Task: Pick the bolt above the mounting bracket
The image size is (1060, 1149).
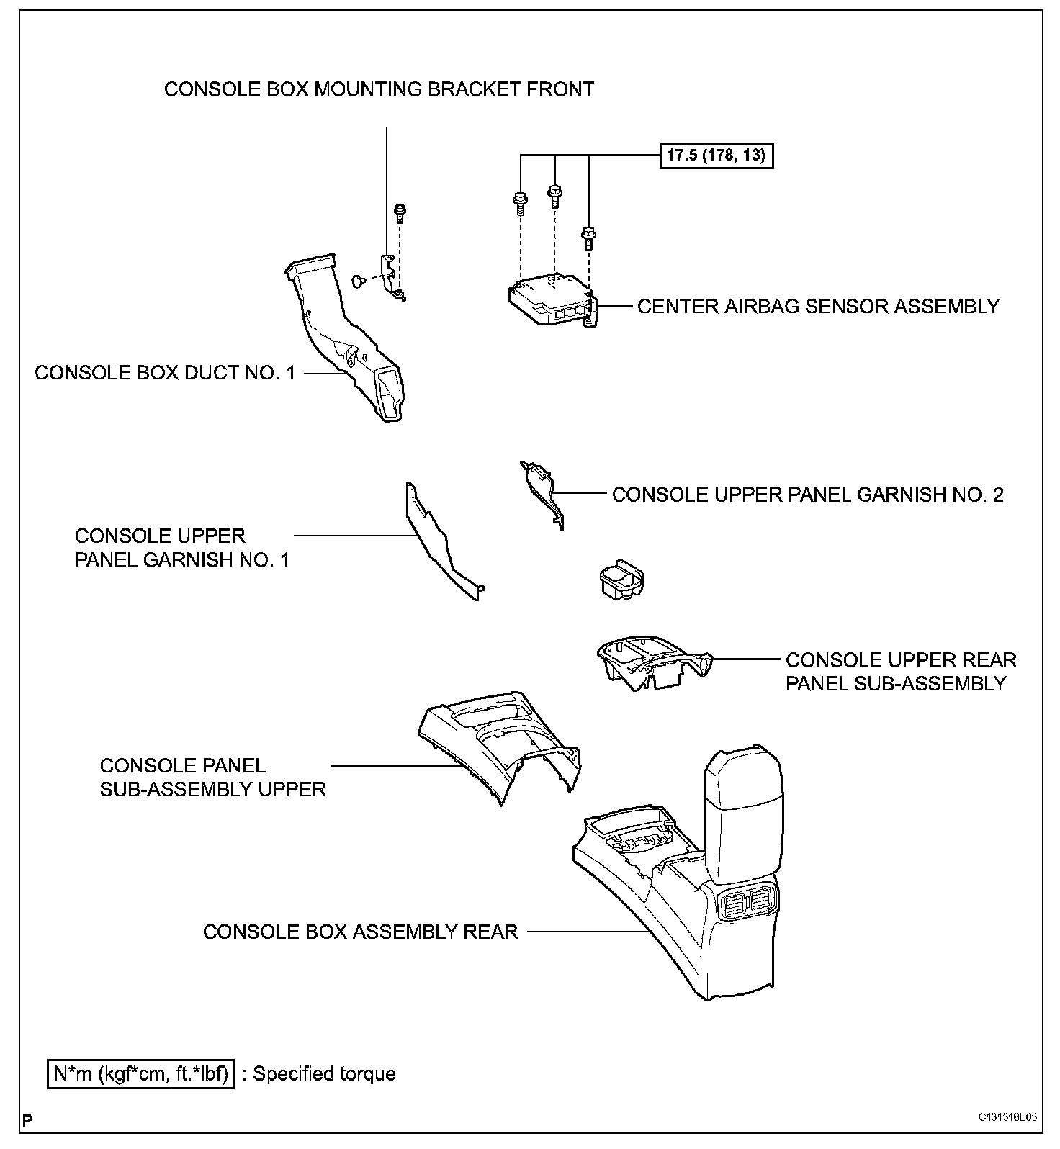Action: (x=399, y=213)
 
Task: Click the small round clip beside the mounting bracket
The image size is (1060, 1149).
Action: (x=357, y=279)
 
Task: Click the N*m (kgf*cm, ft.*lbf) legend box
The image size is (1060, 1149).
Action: (x=141, y=1073)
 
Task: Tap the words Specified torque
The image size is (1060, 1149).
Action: (x=325, y=1074)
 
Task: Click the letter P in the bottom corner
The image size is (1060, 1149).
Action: (x=27, y=1120)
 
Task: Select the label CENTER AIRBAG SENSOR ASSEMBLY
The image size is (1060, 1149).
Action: (x=818, y=307)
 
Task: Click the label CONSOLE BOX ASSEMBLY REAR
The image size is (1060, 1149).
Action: (x=360, y=932)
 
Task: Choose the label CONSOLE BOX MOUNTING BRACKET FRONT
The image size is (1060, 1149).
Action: (x=379, y=89)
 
